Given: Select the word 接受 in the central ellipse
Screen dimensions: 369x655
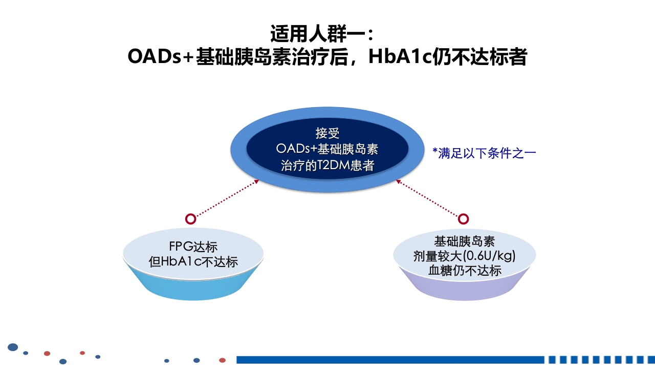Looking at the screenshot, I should [x=327, y=133].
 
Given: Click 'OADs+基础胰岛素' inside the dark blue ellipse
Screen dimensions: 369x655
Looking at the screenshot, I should [x=327, y=149].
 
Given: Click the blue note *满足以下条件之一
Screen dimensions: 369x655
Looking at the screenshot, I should [x=484, y=153].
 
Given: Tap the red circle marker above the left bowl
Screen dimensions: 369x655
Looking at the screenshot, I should [x=190, y=219].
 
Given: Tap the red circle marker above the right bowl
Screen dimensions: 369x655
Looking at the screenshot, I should [x=463, y=219].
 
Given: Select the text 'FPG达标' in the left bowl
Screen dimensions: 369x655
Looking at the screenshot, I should [x=193, y=247].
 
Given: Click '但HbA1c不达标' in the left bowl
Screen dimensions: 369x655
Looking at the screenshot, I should [x=193, y=261].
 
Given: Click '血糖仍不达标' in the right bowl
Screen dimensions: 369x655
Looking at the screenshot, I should [x=465, y=271].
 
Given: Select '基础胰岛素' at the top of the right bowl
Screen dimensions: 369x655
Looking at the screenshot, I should [x=465, y=241].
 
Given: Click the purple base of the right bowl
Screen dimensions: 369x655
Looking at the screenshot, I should [x=465, y=288].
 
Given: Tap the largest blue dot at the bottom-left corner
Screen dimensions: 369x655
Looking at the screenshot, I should [x=13, y=347].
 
